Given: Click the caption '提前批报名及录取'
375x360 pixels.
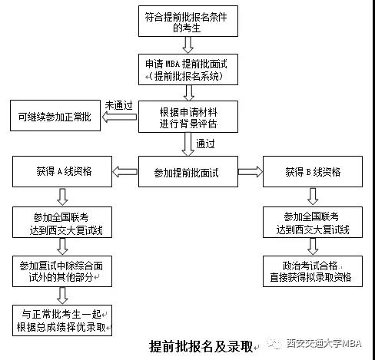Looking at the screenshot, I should pos(201,345).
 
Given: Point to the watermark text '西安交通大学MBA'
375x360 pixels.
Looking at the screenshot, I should pos(323,343).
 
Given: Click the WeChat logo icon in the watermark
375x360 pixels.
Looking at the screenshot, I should pos(274,343).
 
